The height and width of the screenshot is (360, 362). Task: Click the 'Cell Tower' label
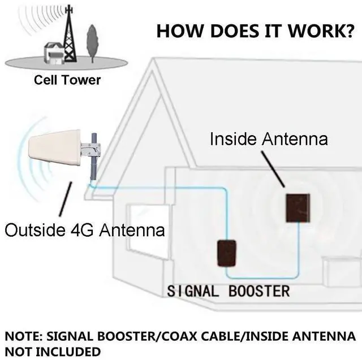pyautogui.click(x=67, y=80)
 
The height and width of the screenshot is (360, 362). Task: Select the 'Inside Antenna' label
pyautogui.click(x=269, y=138)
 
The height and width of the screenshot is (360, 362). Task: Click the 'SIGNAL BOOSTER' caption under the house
pyautogui.click(x=228, y=292)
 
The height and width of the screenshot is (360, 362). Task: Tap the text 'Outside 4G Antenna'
pyautogui.click(x=85, y=230)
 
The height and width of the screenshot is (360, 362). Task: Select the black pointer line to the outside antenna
pyautogui.click(x=67, y=201)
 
